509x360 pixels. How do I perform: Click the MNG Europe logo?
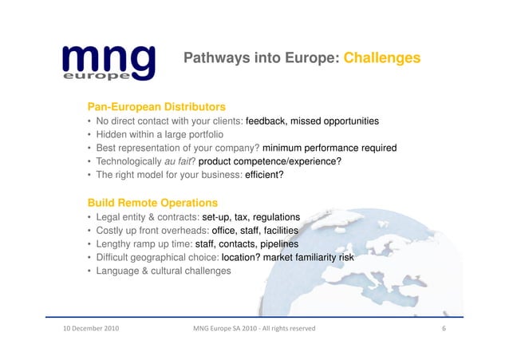point(106,61)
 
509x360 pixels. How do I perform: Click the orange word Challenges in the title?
point(382,58)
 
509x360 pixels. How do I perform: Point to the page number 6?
point(443,328)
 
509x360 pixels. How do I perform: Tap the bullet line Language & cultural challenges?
point(164,271)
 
